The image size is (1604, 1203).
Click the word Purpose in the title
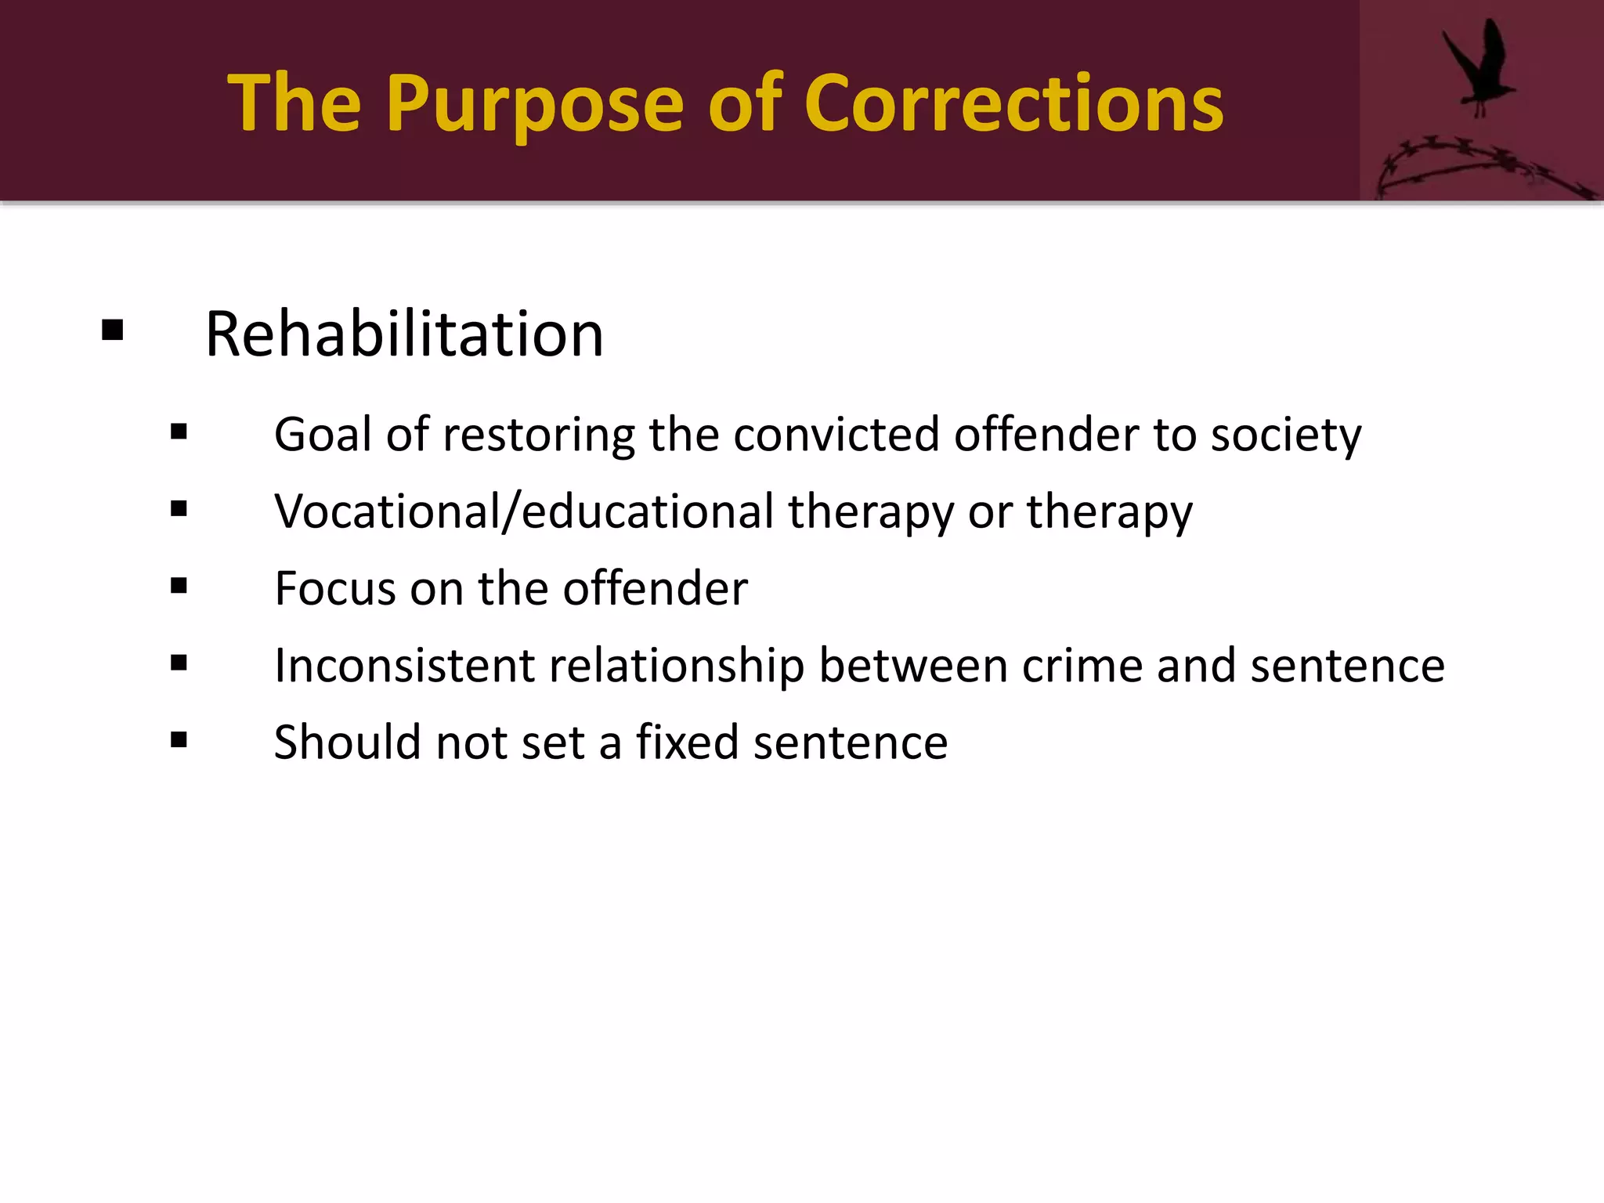(534, 104)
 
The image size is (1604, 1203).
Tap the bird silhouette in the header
(1478, 67)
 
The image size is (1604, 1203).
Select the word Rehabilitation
(404, 334)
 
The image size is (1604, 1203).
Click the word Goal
(323, 435)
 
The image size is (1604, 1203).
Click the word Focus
(335, 588)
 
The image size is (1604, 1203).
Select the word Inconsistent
(404, 666)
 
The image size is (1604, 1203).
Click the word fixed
(687, 742)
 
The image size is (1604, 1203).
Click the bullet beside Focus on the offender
(179, 586)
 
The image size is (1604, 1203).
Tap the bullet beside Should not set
(179, 739)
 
